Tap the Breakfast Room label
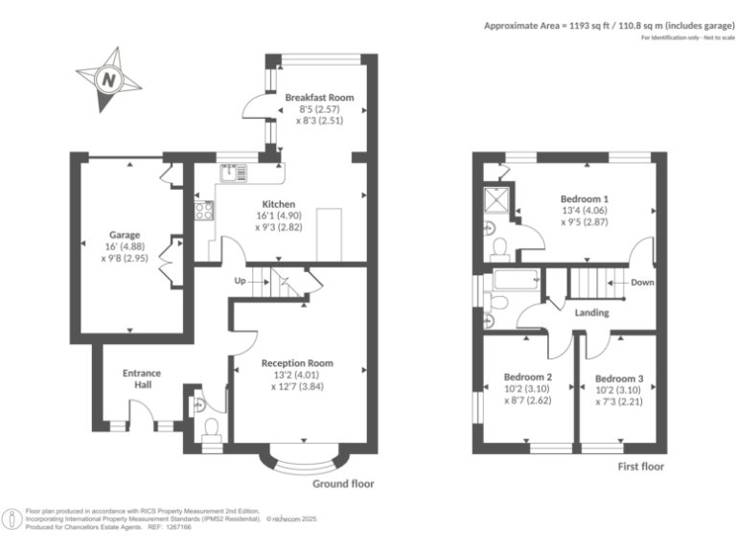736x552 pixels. pos(319,98)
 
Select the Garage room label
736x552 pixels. pos(125,235)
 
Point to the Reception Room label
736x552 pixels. pos(297,363)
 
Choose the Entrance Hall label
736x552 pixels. pos(142,379)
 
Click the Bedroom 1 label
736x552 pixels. pos(585,199)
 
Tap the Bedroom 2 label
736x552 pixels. pos(528,378)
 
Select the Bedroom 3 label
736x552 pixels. pos(618,379)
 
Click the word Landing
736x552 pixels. pos(592,313)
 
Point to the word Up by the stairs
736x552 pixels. pos(241,282)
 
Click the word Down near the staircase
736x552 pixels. pos(643,283)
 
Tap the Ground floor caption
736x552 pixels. pos(343,484)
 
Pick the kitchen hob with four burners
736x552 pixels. pos(204,210)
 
